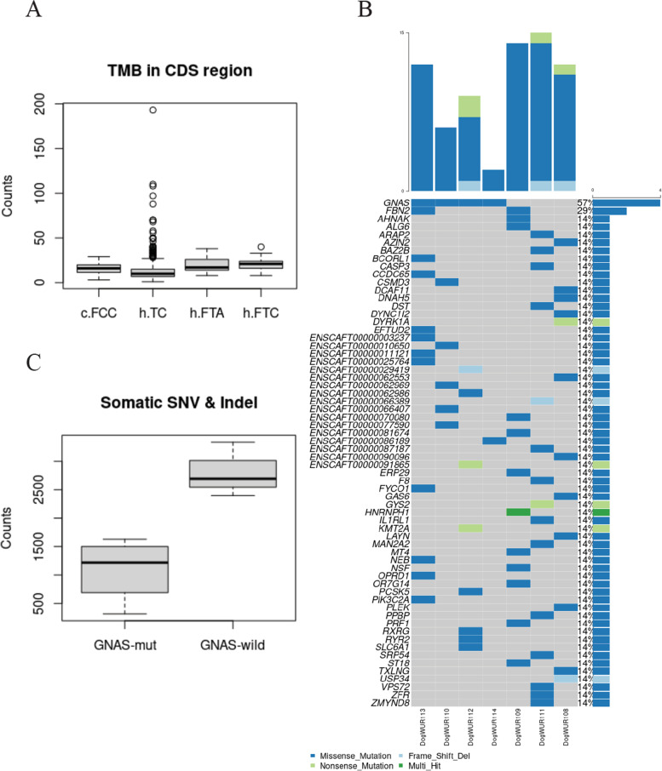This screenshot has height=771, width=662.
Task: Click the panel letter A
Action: (x=35, y=11)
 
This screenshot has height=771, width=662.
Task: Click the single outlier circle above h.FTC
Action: (x=261, y=248)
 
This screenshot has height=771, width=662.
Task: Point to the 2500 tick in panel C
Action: (x=37, y=489)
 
